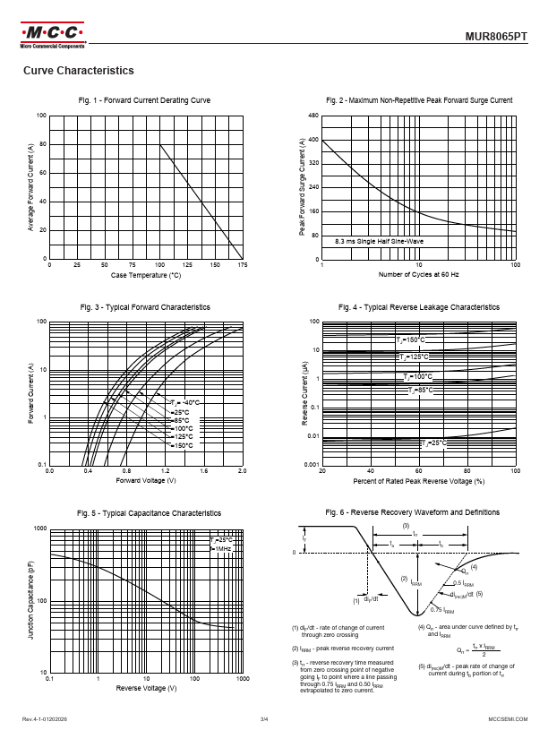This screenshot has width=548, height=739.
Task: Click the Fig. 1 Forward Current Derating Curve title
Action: [144, 100]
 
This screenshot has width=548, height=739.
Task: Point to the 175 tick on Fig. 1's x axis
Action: [243, 265]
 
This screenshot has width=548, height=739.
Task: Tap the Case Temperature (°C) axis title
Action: [146, 275]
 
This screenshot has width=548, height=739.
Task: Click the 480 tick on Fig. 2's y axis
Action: [313, 116]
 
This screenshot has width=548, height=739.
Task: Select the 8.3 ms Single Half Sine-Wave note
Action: [379, 242]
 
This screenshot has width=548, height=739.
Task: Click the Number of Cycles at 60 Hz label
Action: [418, 275]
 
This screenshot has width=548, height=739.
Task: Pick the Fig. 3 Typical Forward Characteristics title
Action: [144, 307]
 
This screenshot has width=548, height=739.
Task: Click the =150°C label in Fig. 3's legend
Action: [182, 445]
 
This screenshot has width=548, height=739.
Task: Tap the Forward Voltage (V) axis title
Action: [146, 480]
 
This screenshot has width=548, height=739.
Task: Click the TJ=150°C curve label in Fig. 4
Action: [413, 340]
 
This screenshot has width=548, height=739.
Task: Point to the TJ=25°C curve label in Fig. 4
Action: [435, 443]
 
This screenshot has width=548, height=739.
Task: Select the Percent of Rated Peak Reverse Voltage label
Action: [418, 480]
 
